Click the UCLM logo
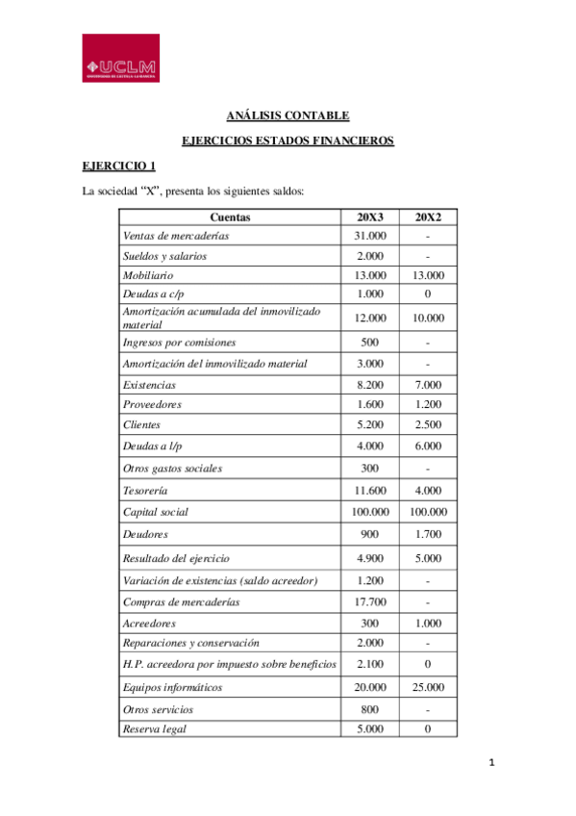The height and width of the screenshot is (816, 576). pyautogui.click(x=120, y=58)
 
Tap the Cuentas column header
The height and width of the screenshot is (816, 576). pyautogui.click(x=231, y=217)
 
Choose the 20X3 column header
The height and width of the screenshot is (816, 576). pyautogui.click(x=370, y=217)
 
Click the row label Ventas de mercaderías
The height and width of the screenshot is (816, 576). pyautogui.click(x=176, y=236)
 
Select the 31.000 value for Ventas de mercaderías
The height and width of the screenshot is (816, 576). pyautogui.click(x=370, y=236)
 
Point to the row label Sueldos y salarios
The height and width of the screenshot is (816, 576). pyautogui.click(x=164, y=256)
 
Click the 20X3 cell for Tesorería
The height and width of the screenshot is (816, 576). pyautogui.click(x=370, y=491)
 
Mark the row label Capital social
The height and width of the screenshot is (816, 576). pyautogui.click(x=155, y=512)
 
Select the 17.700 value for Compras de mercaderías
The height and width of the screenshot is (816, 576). pyautogui.click(x=370, y=601)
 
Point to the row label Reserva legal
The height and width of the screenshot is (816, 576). pyautogui.click(x=154, y=728)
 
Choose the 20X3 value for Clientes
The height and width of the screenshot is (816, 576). pyautogui.click(x=370, y=424)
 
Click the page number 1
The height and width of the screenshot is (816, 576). pyautogui.click(x=490, y=764)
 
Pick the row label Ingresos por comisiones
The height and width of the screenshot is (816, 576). pyautogui.click(x=179, y=342)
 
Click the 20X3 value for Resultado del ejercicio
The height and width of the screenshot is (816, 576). pyautogui.click(x=370, y=558)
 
